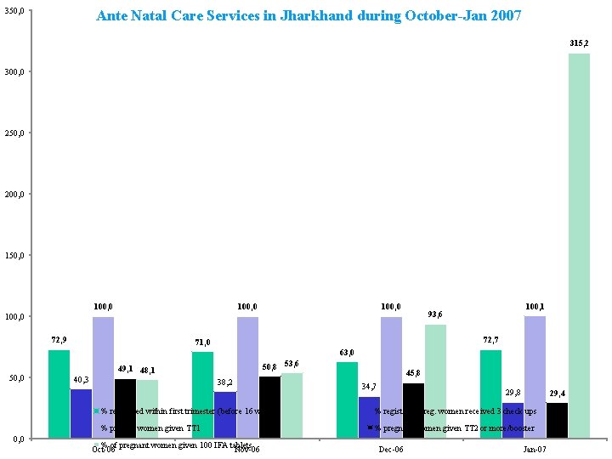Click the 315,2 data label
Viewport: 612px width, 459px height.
[579, 42]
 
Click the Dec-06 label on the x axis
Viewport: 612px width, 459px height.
[391, 449]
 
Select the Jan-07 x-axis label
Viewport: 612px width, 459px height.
[535, 449]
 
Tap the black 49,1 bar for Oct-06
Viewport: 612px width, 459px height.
[125, 408]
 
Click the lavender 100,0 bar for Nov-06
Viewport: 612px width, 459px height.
[247, 377]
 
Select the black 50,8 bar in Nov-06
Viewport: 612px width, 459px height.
[269, 407]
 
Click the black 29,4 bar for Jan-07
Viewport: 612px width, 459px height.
[557, 420]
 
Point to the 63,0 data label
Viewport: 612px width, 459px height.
[346, 353]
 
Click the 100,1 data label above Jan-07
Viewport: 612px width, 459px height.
[535, 306]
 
